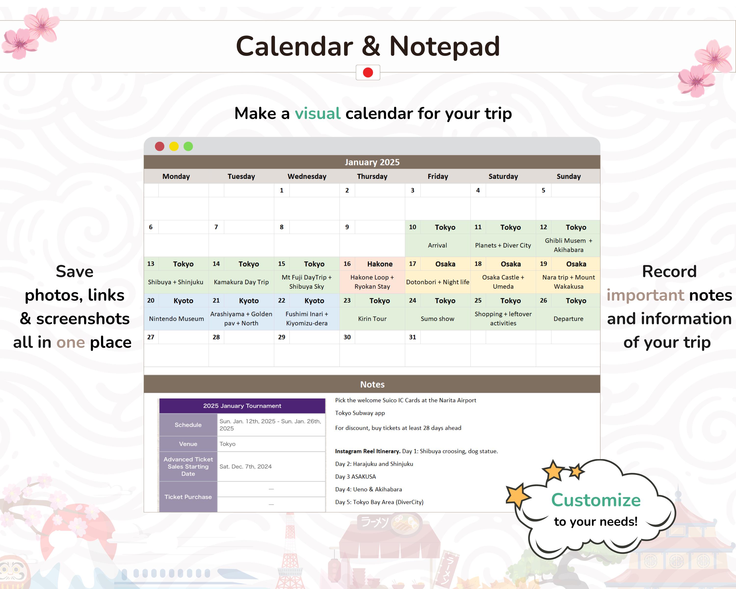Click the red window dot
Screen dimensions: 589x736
159,147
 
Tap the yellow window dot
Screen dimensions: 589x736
174,147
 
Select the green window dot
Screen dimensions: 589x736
188,147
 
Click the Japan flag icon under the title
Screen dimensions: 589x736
368,72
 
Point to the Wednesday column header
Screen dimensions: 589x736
307,176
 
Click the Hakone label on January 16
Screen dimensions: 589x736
380,264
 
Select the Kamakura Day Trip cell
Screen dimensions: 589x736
241,282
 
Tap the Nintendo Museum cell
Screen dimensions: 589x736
176,319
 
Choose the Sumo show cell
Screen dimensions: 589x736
437,319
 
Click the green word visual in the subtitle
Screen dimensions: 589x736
317,113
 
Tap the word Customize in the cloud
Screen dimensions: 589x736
596,500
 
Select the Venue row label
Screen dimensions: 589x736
188,444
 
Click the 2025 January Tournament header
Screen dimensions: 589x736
242,406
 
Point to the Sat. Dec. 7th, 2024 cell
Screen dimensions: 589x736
245,467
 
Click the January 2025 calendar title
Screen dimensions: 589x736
372,162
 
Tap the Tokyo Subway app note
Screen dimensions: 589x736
360,413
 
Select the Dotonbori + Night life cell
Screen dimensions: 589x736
437,282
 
